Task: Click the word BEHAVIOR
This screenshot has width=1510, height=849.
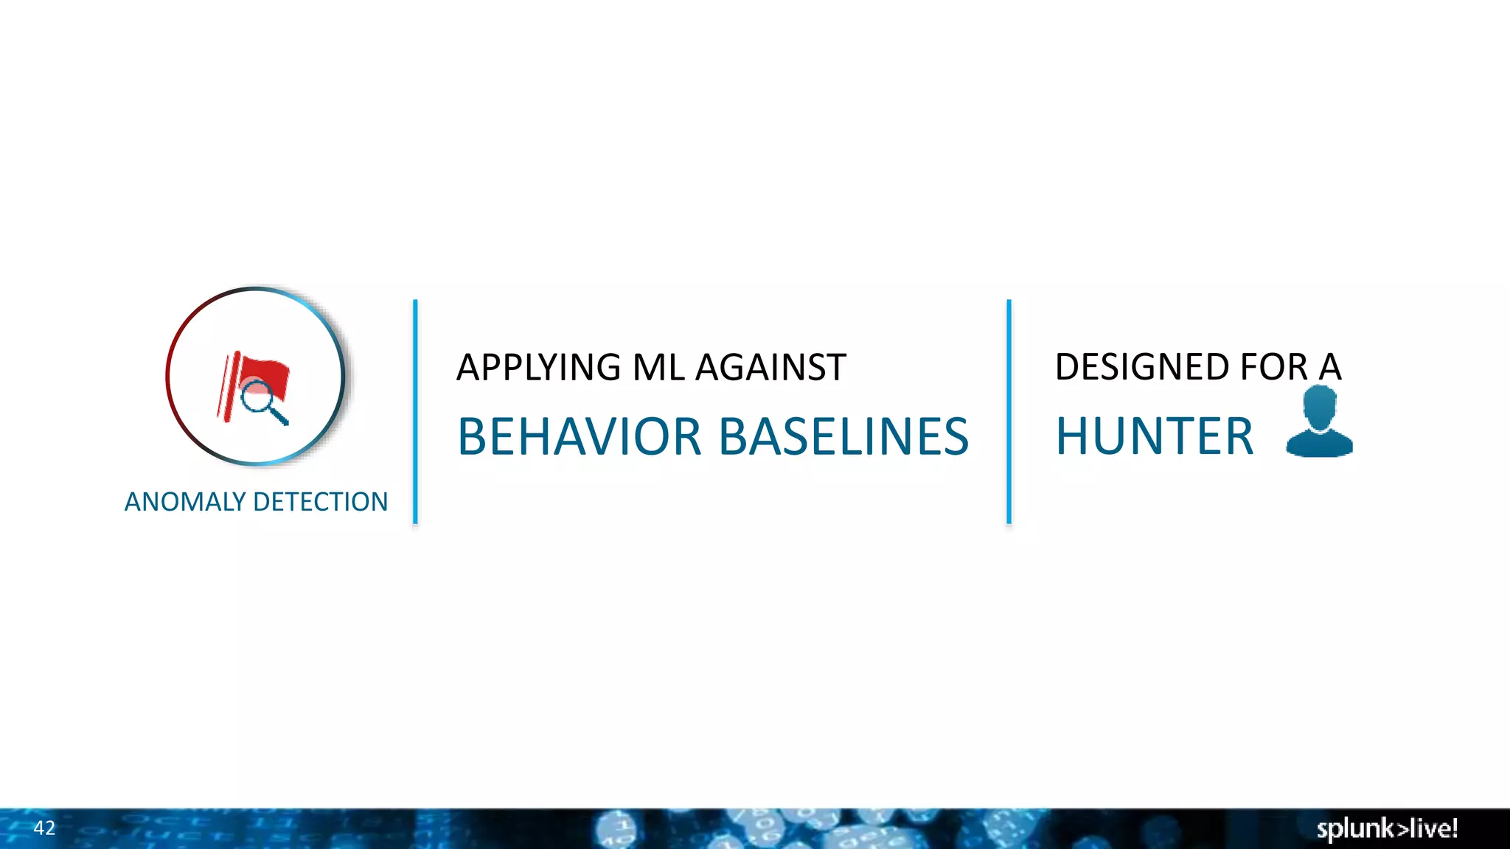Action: tap(580, 436)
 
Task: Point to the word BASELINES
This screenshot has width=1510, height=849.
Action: tap(843, 436)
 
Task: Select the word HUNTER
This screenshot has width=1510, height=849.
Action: tap(1155, 436)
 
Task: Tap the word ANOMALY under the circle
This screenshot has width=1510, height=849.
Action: tap(185, 502)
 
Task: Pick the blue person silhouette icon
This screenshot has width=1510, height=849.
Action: tap(1319, 423)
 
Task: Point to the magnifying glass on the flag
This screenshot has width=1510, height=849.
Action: tap(257, 397)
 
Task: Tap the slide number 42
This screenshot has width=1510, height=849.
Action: tap(44, 828)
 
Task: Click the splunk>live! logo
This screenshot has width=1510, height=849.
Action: tap(1387, 828)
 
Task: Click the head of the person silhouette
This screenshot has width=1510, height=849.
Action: tap(1319, 405)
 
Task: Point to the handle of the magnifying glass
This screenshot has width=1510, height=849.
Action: tap(279, 416)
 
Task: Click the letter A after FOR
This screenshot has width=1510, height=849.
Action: tap(1330, 367)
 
